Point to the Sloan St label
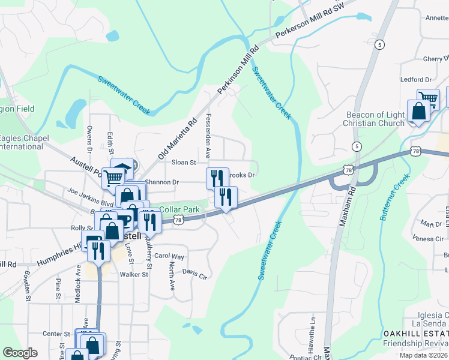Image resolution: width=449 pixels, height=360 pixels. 184,163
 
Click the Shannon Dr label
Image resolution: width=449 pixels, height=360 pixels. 162,182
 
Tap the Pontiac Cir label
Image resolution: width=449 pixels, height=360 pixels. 306,356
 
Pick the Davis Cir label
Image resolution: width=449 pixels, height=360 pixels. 194,277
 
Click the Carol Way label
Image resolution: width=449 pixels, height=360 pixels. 169,256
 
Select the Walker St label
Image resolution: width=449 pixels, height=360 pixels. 133,275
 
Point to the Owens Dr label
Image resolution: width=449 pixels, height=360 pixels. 89,137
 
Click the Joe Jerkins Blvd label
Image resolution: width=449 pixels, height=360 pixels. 91,199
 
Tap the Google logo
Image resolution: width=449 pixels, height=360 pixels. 20,353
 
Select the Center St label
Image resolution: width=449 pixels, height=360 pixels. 56,334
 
